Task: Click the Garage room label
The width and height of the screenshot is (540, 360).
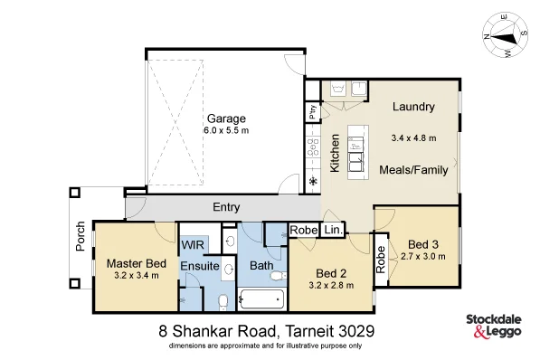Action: click(x=226, y=118)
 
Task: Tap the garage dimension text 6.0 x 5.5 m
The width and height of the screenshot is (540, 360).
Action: click(x=226, y=131)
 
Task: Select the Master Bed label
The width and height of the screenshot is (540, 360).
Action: click(x=137, y=263)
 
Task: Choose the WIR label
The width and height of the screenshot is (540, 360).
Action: click(x=192, y=245)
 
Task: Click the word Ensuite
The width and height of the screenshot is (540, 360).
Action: click(x=198, y=267)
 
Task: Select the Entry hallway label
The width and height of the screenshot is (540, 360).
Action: click(x=226, y=207)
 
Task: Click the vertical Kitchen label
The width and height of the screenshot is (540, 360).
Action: click(x=335, y=153)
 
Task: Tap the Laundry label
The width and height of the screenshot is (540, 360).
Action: click(x=413, y=108)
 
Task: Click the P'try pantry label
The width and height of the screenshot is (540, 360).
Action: click(x=313, y=112)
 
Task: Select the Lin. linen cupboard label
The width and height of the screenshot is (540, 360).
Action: click(x=332, y=231)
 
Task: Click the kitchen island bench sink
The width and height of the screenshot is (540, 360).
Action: click(x=354, y=143)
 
